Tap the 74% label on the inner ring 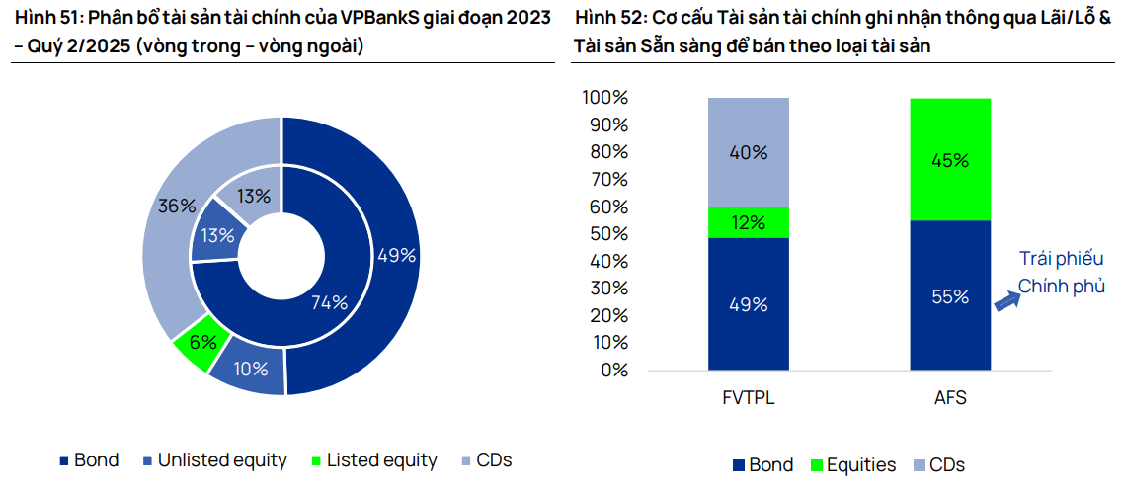[329, 302]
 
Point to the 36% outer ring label [176, 207]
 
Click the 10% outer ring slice [251, 369]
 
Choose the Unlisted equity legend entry [214, 460]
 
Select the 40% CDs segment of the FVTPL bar [747, 152]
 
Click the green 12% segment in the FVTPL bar [747, 222]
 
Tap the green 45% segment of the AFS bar [949, 159]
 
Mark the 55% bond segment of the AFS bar [949, 295]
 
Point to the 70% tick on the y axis [604, 180]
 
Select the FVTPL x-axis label [748, 399]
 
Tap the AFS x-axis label [949, 399]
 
